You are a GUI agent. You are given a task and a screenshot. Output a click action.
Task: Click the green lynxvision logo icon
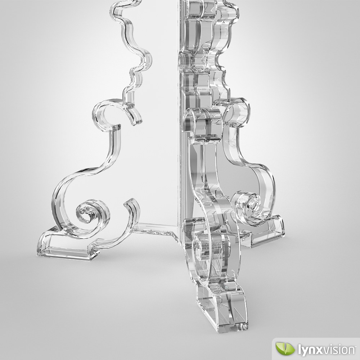coord(283,349)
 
